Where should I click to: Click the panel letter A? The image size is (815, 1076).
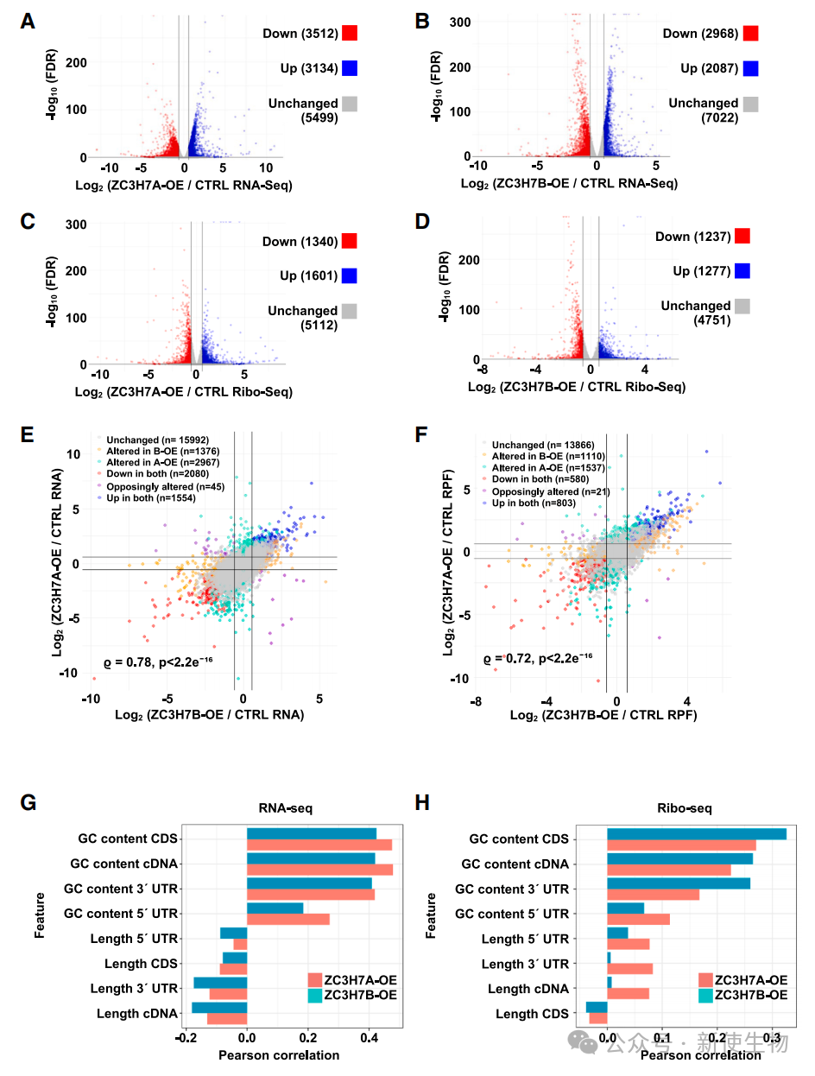(28, 22)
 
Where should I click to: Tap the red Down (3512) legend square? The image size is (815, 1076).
(349, 33)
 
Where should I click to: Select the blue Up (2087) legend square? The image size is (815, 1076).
(750, 68)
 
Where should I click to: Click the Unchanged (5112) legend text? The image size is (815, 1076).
(302, 317)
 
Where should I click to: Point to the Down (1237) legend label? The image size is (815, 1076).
(692, 237)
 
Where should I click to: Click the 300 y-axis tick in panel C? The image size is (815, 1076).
(76, 225)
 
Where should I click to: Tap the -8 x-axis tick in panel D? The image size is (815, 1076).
(483, 369)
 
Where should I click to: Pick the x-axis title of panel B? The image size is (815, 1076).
(569, 183)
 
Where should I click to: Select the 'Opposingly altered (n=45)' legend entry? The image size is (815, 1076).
(165, 486)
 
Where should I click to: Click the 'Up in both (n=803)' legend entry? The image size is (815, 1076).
(534, 503)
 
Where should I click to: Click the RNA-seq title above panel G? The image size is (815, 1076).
(285, 807)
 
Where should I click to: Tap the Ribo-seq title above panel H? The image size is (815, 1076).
(684, 807)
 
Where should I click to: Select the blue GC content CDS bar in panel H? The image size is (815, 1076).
(697, 834)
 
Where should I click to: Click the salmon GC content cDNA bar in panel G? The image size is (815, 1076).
(319, 870)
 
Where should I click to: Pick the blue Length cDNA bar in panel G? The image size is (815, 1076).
(219, 1008)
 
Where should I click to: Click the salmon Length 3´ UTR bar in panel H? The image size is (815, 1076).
(629, 969)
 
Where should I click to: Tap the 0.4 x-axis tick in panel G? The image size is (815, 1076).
(369, 1038)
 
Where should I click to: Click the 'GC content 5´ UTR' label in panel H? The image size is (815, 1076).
(512, 914)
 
